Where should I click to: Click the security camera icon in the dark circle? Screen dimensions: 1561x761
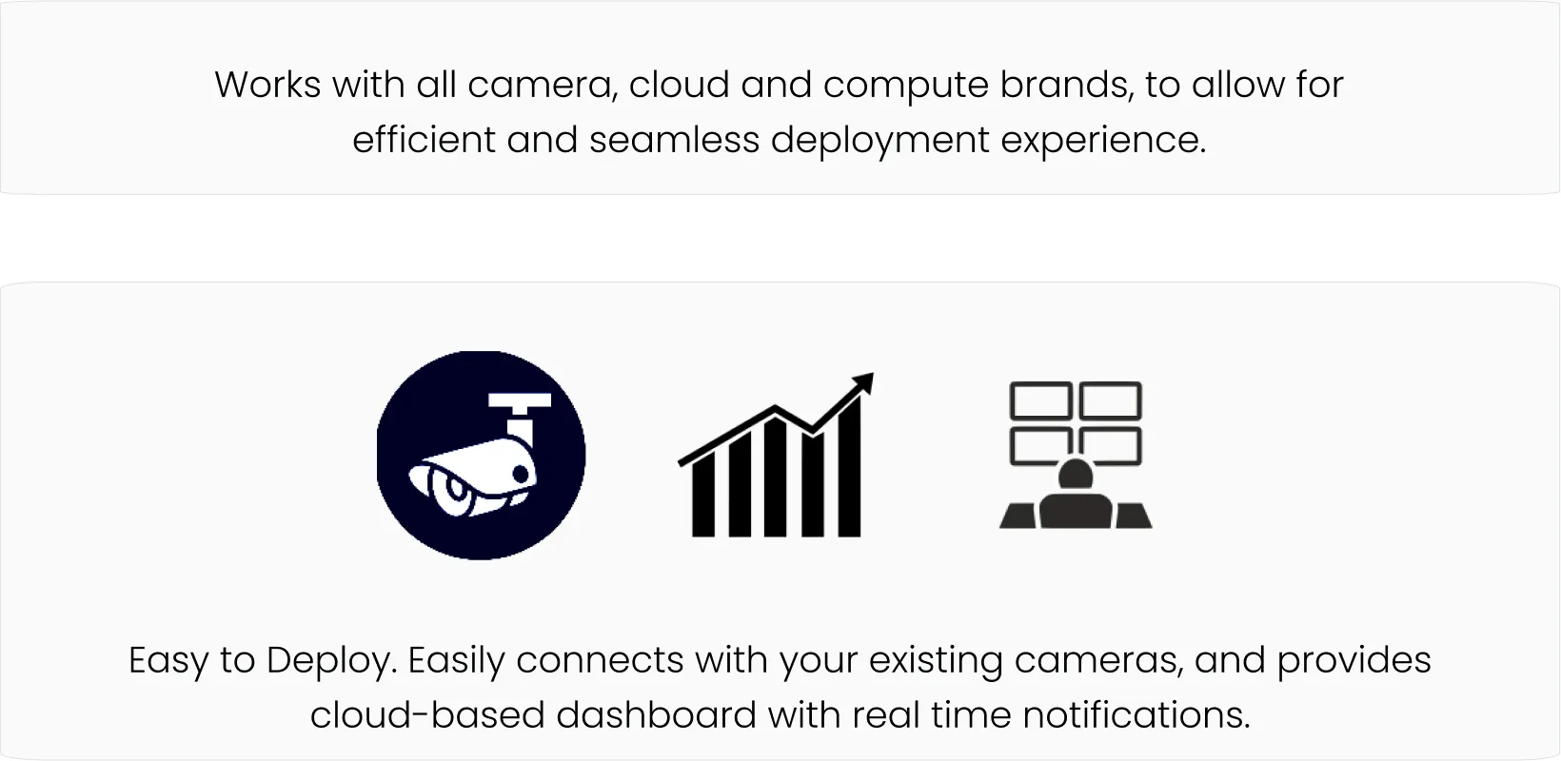pyautogui.click(x=481, y=456)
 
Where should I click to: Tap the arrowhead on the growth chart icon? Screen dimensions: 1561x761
pyautogui.click(x=864, y=383)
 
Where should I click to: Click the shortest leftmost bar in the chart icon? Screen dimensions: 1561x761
pyautogui.click(x=703, y=495)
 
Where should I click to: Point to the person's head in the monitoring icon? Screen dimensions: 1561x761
pyautogui.click(x=1076, y=475)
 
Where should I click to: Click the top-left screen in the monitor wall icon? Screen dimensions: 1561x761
pyautogui.click(x=1040, y=400)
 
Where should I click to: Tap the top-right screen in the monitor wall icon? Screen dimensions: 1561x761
pyautogui.click(x=1110, y=400)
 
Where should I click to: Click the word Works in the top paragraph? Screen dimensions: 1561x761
pyautogui.click(x=267, y=85)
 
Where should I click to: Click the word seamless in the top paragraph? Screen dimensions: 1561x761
pyautogui.click(x=674, y=140)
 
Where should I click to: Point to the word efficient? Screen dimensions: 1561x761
pyautogui.click(x=424, y=140)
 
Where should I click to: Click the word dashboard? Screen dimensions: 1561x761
pyautogui.click(x=657, y=715)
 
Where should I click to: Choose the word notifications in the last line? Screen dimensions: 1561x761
pyautogui.click(x=1136, y=715)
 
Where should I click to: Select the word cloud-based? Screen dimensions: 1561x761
pyautogui.click(x=427, y=715)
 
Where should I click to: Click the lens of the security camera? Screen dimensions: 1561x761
pyautogui.click(x=454, y=489)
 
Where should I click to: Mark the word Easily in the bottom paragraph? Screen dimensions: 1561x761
pyautogui.click(x=456, y=661)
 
